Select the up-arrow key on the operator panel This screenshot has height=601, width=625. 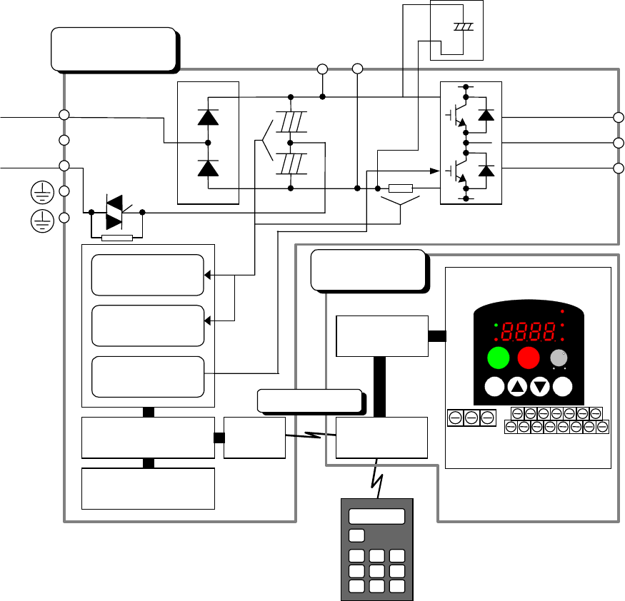tap(518, 387)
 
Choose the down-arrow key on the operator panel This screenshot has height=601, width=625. tap(541, 387)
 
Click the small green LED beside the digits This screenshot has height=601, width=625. tap(496, 324)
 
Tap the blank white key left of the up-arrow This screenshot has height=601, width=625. tap(494, 387)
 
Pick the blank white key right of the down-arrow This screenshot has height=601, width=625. tap(564, 387)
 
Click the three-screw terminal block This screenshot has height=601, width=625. tap(471, 418)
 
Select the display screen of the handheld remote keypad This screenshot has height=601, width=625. tap(376, 516)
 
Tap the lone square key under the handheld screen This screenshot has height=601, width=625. tap(356, 535)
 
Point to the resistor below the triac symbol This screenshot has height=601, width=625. tap(117, 238)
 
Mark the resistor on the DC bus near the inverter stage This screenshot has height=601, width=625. tap(400, 188)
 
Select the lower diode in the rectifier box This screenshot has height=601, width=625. tap(208, 168)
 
